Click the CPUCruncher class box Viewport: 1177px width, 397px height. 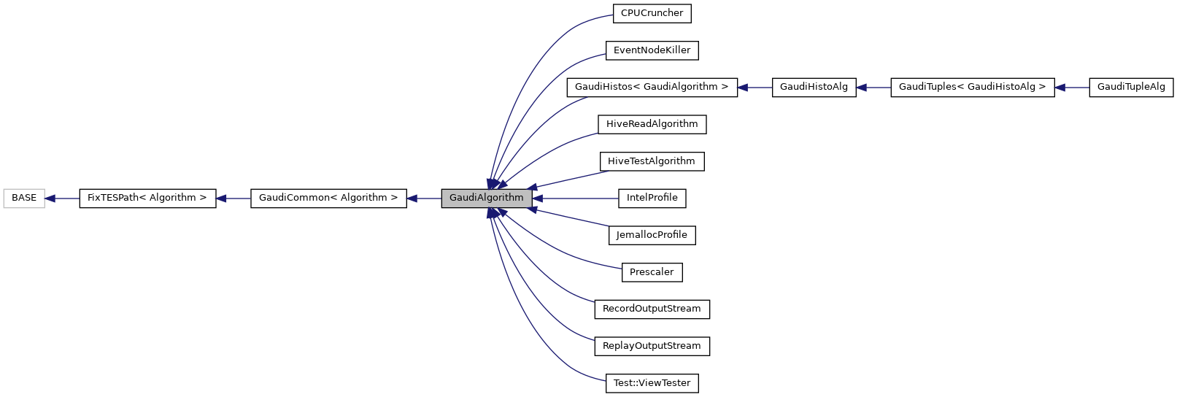pyautogui.click(x=652, y=13)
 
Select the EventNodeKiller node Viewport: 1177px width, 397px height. pyautogui.click(x=652, y=50)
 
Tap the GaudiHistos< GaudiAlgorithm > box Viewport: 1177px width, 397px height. pyautogui.click(x=652, y=87)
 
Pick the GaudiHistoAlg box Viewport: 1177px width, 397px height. pyautogui.click(x=814, y=87)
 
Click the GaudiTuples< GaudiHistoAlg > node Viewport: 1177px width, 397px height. pyautogui.click(x=972, y=87)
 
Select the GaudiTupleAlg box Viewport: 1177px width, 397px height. pyautogui.click(x=1131, y=87)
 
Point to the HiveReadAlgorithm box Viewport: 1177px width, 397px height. pyautogui.click(x=652, y=124)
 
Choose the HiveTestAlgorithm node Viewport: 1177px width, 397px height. pyautogui.click(x=652, y=161)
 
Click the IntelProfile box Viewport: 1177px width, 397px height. pyautogui.click(x=652, y=198)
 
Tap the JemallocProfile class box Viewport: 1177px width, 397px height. pyautogui.click(x=652, y=235)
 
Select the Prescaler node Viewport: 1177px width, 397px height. pyautogui.click(x=652, y=272)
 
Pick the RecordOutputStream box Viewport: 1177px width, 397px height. pyautogui.click(x=652, y=309)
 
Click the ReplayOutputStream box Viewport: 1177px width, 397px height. pyautogui.click(x=652, y=346)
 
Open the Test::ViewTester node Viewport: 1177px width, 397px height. pyautogui.click(x=652, y=383)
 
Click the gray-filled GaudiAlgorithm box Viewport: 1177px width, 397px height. pyautogui.click(x=486, y=198)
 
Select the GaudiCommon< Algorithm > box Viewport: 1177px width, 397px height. pyautogui.click(x=328, y=198)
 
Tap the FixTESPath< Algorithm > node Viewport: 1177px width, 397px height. pyautogui.click(x=147, y=198)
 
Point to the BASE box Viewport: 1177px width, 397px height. pyautogui.click(x=24, y=198)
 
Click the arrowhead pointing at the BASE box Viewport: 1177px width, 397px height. pyautogui.click(x=50, y=198)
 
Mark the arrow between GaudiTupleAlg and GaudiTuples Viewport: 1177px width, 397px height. pyautogui.click(x=1072, y=88)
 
